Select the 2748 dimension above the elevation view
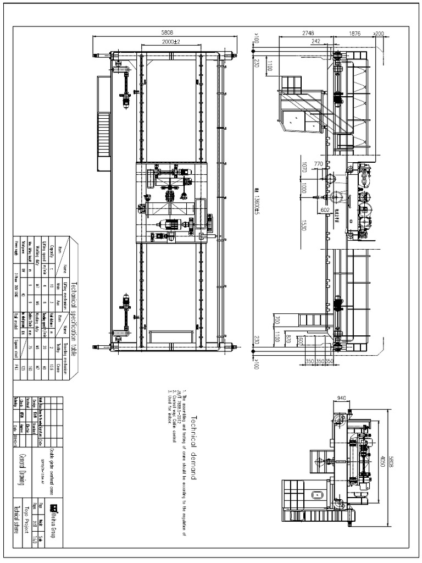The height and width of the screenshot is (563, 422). tap(308, 34)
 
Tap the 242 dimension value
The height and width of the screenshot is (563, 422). tap(315, 41)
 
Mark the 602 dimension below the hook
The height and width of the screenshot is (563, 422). tap(325, 209)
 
